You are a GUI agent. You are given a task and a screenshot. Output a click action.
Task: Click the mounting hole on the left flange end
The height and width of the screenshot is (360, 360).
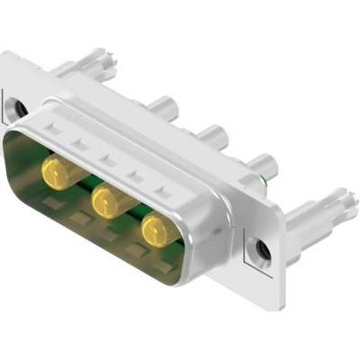16,110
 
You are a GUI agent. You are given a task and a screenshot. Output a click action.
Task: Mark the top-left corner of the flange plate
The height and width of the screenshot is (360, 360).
6,56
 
